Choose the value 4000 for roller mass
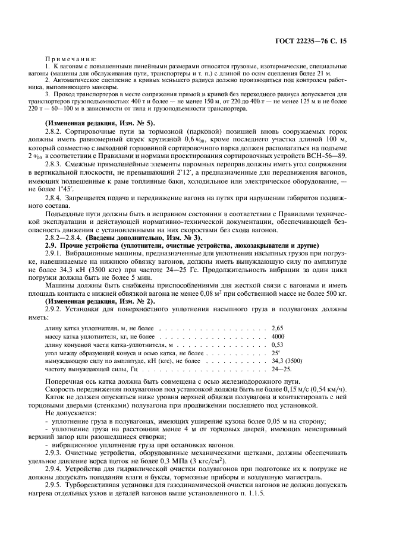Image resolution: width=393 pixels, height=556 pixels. click(277, 336)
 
